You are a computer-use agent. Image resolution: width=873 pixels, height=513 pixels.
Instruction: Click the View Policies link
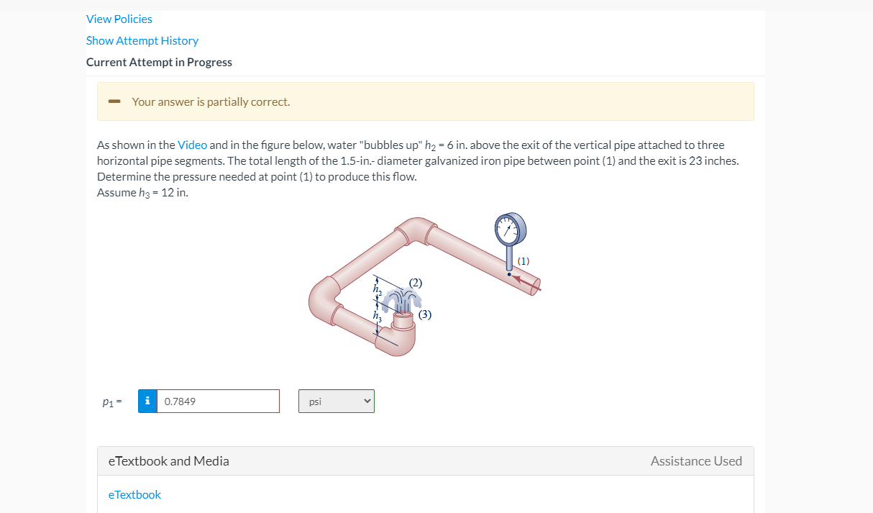(119, 19)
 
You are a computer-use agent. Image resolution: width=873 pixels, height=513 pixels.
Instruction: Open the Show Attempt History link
(142, 40)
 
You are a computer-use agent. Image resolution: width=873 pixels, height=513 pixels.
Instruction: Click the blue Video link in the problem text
(192, 145)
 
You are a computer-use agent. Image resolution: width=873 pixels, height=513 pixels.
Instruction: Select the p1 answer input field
(218, 401)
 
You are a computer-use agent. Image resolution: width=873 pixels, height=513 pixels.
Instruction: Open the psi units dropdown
(337, 401)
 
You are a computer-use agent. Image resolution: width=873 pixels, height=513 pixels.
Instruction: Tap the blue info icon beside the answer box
(147, 401)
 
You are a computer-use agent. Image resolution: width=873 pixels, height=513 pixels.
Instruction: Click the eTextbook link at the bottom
(134, 494)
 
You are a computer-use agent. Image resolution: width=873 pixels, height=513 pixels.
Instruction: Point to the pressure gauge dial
(510, 230)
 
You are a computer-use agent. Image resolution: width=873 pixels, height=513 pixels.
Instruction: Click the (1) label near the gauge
(523, 260)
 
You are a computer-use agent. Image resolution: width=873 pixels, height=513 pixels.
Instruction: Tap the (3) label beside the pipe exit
(425, 314)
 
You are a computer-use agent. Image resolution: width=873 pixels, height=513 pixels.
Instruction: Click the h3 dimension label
(376, 315)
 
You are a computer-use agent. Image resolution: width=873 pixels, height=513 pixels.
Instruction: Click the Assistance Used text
(696, 461)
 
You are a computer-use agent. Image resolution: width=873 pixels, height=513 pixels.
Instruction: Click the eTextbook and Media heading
(168, 461)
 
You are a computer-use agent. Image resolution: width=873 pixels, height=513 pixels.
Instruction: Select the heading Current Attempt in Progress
(159, 62)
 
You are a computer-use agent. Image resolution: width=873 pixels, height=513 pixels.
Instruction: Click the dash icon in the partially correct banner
(114, 101)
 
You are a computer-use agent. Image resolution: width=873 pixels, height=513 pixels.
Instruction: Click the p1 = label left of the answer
(111, 401)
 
